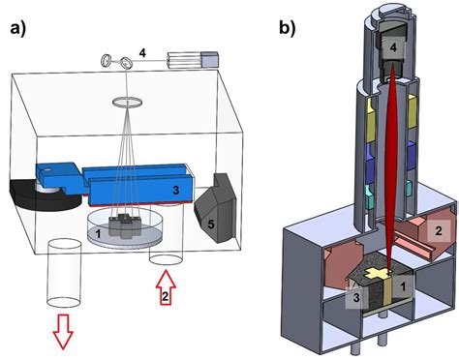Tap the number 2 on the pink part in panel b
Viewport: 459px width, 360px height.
click(x=436, y=229)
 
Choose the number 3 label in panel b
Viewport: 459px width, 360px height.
click(x=357, y=300)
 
